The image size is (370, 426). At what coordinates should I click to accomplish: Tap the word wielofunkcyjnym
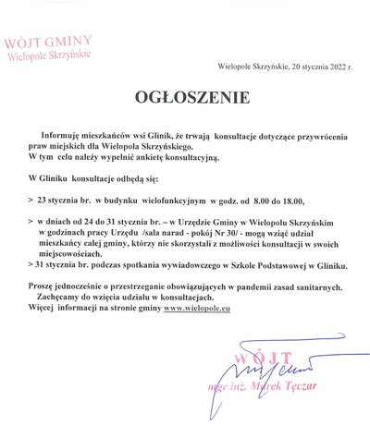click(173, 199)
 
